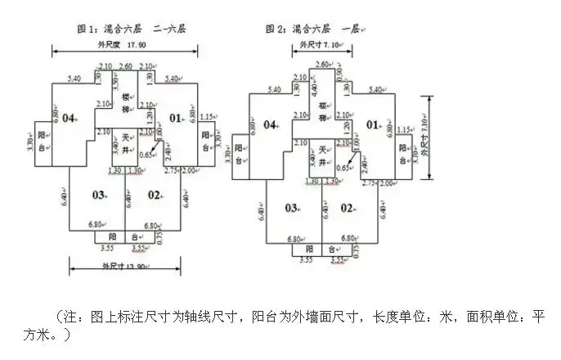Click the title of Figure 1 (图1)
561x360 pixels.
(x=132, y=29)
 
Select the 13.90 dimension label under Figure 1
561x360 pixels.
(x=121, y=266)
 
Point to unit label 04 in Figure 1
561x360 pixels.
(x=68, y=119)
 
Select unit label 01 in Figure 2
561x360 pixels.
(x=373, y=125)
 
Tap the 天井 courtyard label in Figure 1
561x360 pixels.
(x=127, y=142)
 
